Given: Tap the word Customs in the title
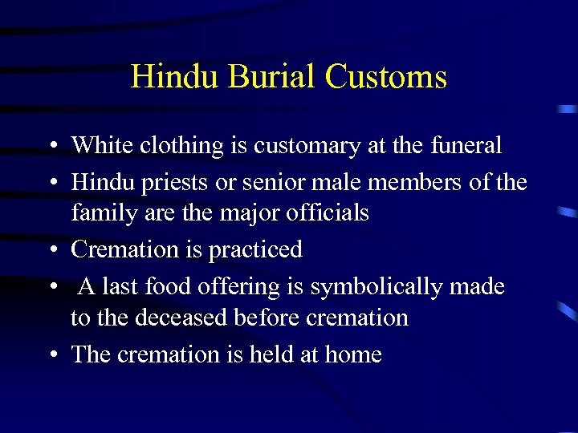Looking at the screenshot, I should (385, 77).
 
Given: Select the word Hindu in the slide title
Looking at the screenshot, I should (174, 77).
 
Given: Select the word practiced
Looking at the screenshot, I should (255, 250).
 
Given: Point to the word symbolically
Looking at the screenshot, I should (377, 287).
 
